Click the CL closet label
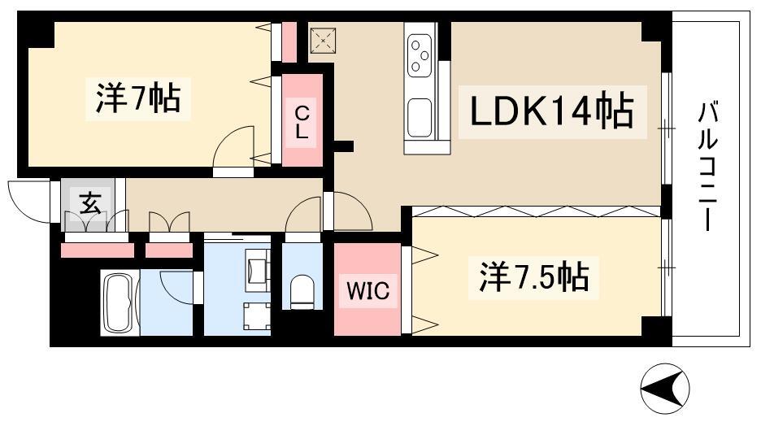[302, 121]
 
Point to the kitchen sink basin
[421, 117]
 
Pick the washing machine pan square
[256, 316]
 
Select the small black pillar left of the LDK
[344, 147]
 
